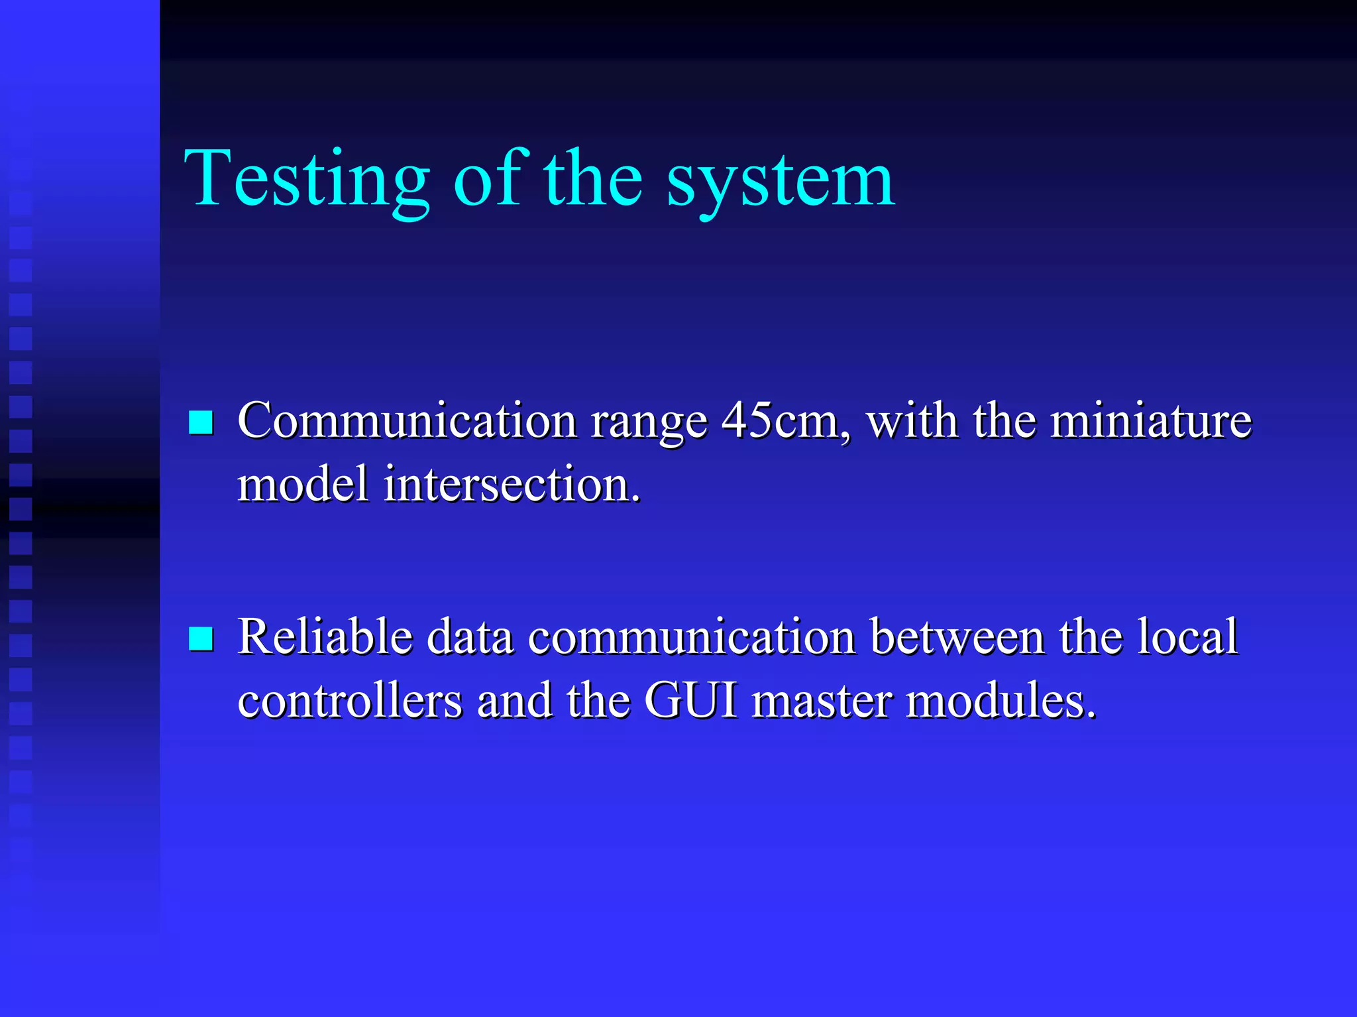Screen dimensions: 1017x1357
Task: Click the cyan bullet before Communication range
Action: pyautogui.click(x=201, y=422)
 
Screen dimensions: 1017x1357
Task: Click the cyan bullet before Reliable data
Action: pyautogui.click(x=201, y=638)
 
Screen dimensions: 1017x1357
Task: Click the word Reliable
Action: pyautogui.click(x=325, y=636)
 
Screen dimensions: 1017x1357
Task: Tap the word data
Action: pyautogui.click(x=470, y=636)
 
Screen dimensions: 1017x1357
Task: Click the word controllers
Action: pyautogui.click(x=350, y=701)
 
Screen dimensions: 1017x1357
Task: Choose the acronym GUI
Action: pyautogui.click(x=690, y=701)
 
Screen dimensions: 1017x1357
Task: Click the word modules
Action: pyautogui.click(x=1000, y=701)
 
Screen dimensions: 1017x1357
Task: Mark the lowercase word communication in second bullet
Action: pyautogui.click(x=692, y=636)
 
